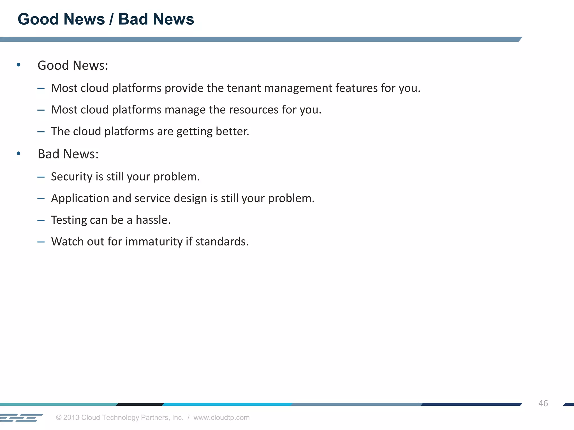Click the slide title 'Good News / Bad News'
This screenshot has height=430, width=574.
(106, 19)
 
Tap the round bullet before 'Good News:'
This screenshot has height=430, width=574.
(18, 65)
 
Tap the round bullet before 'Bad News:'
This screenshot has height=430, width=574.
(18, 153)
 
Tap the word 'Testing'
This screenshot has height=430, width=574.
(69, 220)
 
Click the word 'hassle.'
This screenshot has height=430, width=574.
(153, 220)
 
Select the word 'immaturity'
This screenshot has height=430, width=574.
(154, 242)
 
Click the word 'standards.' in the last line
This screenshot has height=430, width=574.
(222, 242)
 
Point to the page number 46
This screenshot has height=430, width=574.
(543, 403)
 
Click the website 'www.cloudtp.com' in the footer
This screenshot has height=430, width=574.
(221, 417)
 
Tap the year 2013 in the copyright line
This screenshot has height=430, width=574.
(71, 417)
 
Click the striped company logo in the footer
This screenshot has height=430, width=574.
(21, 418)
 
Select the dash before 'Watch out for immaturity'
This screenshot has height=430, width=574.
(41, 242)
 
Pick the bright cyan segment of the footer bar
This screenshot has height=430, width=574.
(227, 404)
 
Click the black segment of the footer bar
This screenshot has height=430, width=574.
(140, 404)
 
